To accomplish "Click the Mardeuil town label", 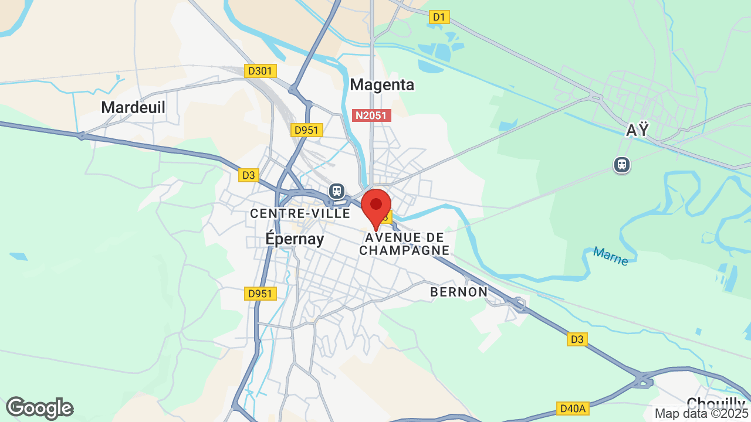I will pos(133,107).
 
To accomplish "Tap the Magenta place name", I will pos(382,84).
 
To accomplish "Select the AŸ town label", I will pos(637,130).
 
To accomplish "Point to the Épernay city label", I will pos(295,239).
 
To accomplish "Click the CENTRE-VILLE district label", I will pos(300,213).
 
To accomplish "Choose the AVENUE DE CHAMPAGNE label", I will pos(404,244).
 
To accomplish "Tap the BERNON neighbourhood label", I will pos(459,291).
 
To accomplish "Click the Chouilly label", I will pos(715,403).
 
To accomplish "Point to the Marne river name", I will pos(610,256).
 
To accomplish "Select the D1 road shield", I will pos(439,17).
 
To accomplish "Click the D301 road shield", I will pos(261,71).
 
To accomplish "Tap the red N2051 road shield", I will pos(371,115).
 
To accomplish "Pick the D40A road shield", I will pos(573,408).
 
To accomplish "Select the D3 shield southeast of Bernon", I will pos(577,339).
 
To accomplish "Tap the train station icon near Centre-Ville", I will pos(337,190).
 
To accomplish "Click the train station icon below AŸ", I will pos(622,165).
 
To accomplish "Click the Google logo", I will pos(39,408).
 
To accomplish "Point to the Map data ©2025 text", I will pos(702,414).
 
